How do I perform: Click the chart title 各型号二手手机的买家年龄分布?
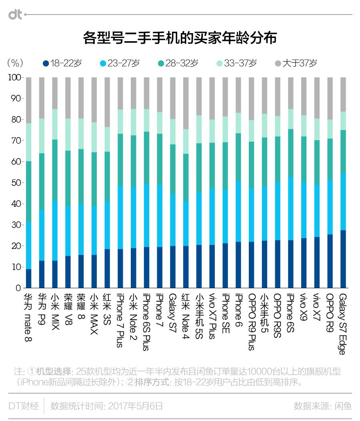[180, 38]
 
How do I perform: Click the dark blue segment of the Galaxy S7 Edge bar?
[342, 259]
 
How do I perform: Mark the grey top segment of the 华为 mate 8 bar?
[28, 100]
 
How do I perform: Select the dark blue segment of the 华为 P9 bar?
[42, 274]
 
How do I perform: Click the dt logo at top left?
[15, 14]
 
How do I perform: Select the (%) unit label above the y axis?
[15, 63]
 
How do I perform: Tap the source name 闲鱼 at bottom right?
[343, 406]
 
